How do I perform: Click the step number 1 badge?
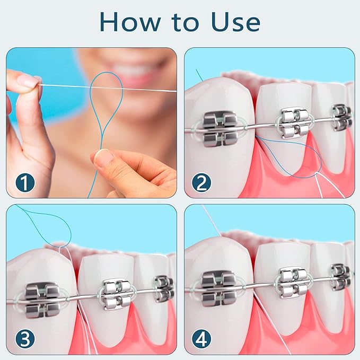(24, 183)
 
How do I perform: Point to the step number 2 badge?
(201, 183)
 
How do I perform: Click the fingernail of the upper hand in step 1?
(29, 81)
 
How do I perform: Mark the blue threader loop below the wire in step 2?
(297, 159)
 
